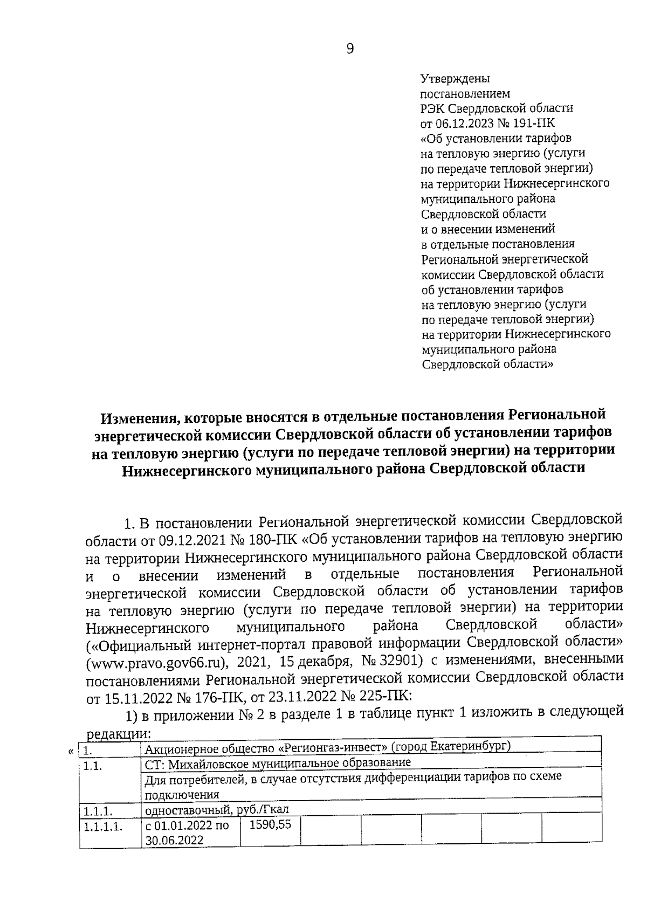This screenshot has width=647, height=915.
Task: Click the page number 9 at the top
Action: click(x=350, y=49)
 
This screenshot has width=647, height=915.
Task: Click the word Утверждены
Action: click(x=455, y=79)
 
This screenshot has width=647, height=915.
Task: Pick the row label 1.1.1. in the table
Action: click(x=98, y=810)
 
